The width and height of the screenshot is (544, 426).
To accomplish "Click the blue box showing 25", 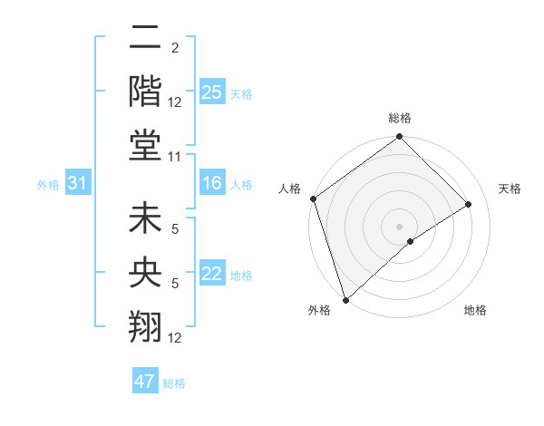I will (x=212, y=92).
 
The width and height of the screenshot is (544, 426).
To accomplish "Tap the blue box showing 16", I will (x=212, y=184).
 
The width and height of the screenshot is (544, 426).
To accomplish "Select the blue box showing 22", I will (x=212, y=274).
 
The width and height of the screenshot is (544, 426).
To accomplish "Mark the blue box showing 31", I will (x=78, y=184).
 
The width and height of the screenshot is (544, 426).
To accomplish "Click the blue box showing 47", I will (x=145, y=382).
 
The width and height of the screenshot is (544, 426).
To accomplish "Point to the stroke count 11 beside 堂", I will (x=176, y=157).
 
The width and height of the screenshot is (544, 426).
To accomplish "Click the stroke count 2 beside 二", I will (x=175, y=47).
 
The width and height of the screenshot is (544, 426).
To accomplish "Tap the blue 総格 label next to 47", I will (x=174, y=383).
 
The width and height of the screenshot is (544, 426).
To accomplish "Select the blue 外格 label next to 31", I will (x=48, y=185).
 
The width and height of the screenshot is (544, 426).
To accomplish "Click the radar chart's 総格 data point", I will (x=399, y=138).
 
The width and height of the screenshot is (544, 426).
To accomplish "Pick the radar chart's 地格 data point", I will (x=411, y=241).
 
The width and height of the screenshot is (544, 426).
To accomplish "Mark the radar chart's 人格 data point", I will (x=313, y=198).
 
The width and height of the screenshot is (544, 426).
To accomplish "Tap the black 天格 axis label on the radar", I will (x=510, y=189).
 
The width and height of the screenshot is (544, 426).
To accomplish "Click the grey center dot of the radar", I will (x=399, y=226).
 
